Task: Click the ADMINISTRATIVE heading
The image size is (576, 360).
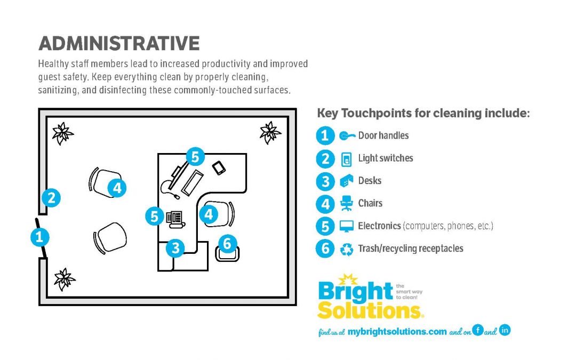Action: [119, 43]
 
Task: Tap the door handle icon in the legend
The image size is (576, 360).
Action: [347, 136]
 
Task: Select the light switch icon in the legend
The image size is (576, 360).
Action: [346, 159]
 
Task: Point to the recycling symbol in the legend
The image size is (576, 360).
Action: [347, 250]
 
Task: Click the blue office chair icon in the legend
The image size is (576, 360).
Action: [347, 203]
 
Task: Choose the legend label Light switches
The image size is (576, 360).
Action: [386, 158]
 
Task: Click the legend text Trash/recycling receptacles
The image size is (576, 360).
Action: [410, 249]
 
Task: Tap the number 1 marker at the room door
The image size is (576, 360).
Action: [39, 237]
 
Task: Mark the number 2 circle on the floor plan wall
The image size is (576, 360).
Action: [51, 198]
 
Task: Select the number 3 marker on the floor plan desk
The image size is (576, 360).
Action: [175, 248]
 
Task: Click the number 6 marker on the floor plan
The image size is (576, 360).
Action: [227, 243]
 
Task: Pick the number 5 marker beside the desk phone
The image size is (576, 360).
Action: [154, 216]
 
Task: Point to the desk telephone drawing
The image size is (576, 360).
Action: [175, 220]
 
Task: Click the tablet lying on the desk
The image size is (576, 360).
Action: [219, 168]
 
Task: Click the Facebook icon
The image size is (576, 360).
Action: [477, 330]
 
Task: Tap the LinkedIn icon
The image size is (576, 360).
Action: [505, 330]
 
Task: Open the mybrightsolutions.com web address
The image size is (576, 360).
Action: [397, 332]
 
